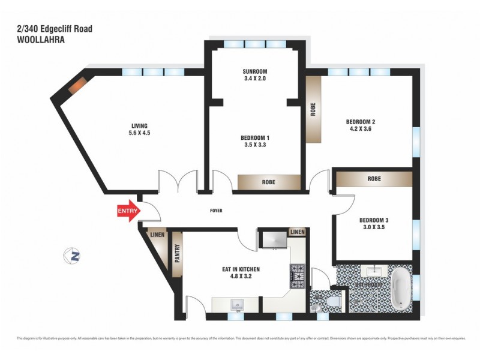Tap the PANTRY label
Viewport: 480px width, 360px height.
click(x=177, y=254)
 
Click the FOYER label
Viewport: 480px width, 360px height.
click(x=217, y=211)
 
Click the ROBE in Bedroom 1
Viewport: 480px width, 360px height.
click(x=268, y=182)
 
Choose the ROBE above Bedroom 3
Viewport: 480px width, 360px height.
click(x=374, y=179)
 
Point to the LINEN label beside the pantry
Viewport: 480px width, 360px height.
click(x=158, y=235)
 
